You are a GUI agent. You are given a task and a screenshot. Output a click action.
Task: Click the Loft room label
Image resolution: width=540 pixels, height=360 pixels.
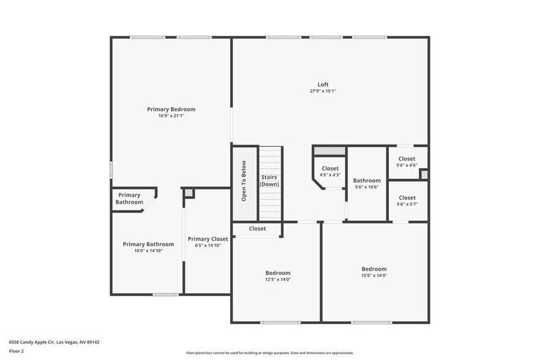(323, 84)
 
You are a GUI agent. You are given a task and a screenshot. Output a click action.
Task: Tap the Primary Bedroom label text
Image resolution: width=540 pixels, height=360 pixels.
(171, 109)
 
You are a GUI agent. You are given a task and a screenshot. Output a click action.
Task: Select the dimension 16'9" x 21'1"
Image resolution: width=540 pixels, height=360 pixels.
(171, 116)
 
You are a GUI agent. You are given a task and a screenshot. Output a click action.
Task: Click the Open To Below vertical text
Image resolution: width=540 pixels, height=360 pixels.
(244, 181)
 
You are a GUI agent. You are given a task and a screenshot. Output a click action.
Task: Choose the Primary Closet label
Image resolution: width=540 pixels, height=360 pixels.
(208, 239)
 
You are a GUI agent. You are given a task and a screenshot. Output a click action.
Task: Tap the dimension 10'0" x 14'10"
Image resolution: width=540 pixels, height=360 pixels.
(148, 251)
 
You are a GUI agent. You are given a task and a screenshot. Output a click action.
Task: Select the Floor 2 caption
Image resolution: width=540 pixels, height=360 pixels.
(16, 351)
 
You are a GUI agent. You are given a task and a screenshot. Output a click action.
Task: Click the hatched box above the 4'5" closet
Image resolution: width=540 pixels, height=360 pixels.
(329, 150)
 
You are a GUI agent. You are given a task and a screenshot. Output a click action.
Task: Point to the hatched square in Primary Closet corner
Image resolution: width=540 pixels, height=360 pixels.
(189, 193)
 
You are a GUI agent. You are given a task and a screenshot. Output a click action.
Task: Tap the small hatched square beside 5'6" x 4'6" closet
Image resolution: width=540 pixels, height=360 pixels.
(424, 174)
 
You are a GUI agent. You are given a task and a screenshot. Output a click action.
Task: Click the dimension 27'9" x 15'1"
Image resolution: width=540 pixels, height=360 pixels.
(323, 91)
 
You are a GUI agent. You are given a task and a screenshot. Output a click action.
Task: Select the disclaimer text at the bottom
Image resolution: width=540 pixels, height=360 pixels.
(269, 353)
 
